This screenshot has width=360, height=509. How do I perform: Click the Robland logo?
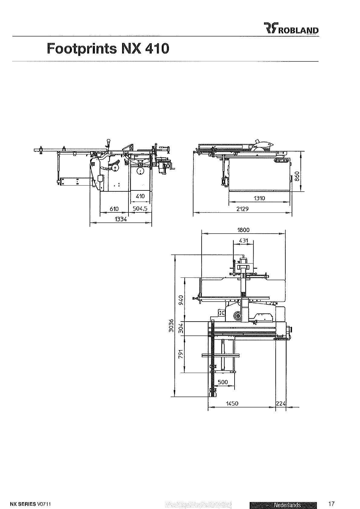(291, 28)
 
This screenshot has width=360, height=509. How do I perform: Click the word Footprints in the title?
(82, 49)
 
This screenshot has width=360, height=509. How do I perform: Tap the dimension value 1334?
(121, 219)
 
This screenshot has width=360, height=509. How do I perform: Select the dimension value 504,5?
(140, 209)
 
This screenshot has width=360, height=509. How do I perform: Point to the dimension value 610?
(114, 209)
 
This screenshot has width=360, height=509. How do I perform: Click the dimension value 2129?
(242, 209)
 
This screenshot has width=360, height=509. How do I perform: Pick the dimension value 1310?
(259, 198)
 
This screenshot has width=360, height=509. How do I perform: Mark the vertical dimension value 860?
(297, 176)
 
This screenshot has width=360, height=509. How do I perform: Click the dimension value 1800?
(243, 230)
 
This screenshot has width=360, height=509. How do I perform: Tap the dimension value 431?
(244, 240)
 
